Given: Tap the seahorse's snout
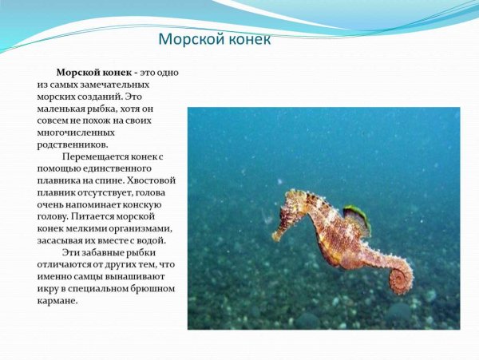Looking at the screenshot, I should pyautogui.click(x=276, y=235).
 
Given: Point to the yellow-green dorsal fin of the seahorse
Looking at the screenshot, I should pyautogui.click(x=356, y=215).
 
